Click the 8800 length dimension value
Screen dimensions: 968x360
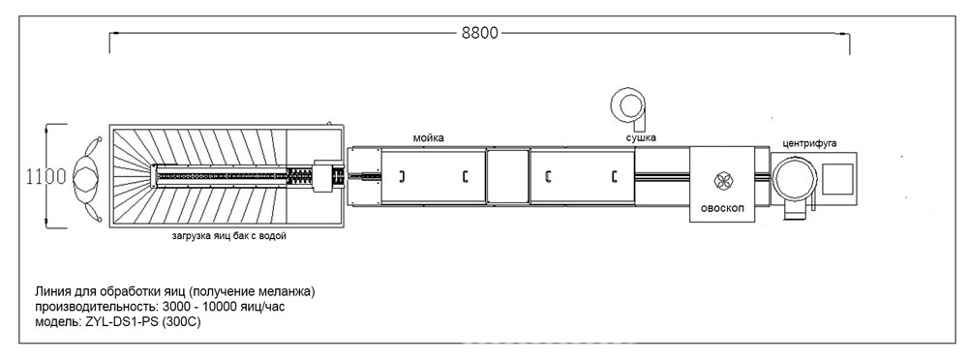coord(480,33)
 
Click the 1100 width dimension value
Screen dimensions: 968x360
coord(45,177)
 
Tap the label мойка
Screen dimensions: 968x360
coord(429,138)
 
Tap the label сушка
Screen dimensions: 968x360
coord(642,137)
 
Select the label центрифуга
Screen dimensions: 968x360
coord(809,143)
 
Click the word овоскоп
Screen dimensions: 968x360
coord(723,207)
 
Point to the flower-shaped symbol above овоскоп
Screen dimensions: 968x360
coord(722,180)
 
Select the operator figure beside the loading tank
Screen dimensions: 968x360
coord(86,178)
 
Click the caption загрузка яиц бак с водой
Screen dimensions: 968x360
coord(229,236)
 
